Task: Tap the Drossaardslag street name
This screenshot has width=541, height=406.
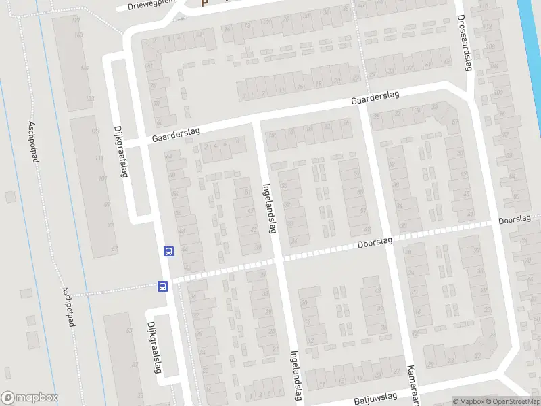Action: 464,42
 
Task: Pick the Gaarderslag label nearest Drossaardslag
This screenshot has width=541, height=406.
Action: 374,99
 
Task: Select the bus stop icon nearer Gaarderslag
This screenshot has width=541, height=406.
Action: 168,251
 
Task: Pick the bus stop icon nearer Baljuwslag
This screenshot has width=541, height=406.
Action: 163,286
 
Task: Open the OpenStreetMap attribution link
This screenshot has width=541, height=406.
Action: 514,401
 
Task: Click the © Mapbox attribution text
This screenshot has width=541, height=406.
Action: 469,401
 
